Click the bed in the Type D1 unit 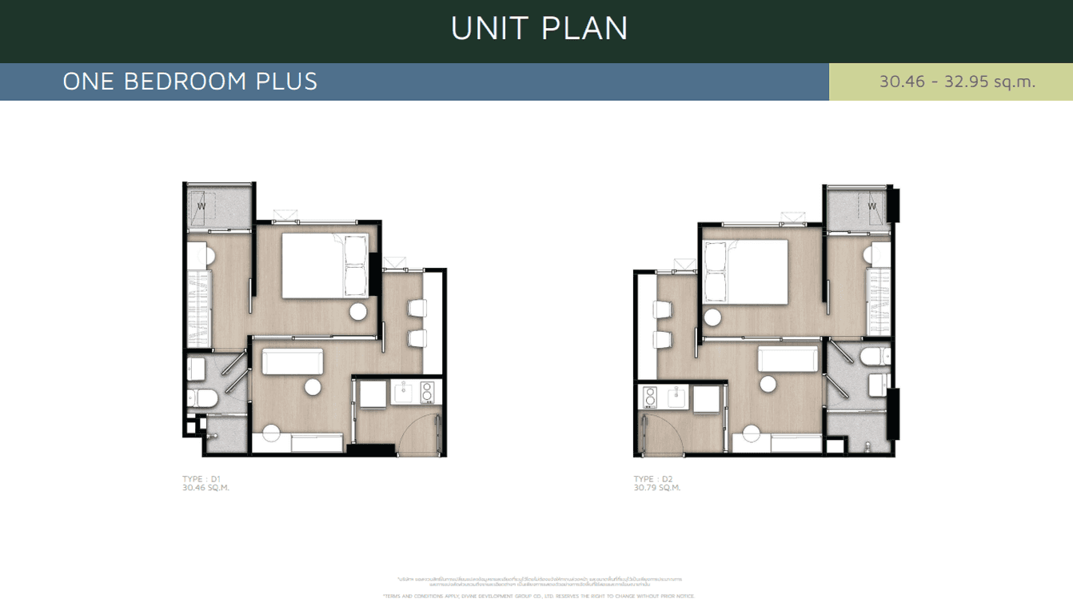tap(320, 266)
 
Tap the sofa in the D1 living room tap(292, 361)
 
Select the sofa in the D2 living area tap(788, 360)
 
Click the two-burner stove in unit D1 tap(426, 392)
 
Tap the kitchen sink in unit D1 tap(402, 393)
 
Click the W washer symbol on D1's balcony tap(201, 207)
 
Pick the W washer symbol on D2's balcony tap(872, 207)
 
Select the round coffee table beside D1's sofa tap(313, 386)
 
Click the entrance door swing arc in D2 tap(662, 434)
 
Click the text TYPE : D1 tap(201, 479)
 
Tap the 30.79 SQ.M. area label tap(656, 487)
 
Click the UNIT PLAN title tap(539, 28)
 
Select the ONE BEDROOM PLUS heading tap(190, 82)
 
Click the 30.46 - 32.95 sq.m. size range tap(957, 82)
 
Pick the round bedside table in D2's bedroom tap(712, 317)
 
